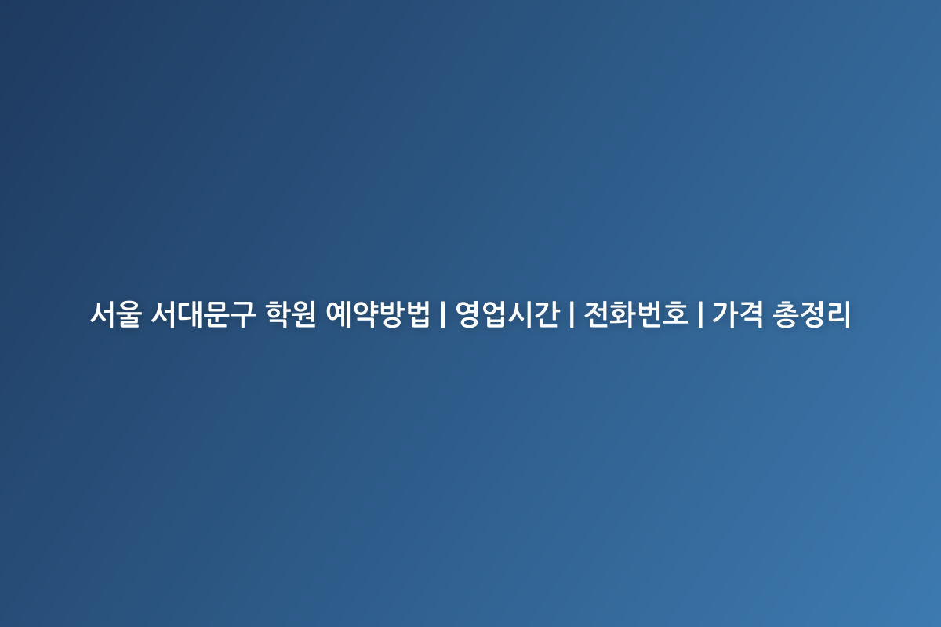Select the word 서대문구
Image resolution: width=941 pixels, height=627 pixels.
[203, 313]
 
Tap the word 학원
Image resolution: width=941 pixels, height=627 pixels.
[291, 313]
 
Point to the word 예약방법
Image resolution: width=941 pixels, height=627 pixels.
[378, 313]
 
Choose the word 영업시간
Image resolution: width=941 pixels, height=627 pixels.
[508, 313]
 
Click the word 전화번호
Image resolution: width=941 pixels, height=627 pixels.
[637, 313]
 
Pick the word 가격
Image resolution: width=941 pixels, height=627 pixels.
[738, 313]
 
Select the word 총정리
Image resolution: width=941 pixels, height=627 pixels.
[812, 313]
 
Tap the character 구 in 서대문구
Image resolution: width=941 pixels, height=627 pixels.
[243, 313]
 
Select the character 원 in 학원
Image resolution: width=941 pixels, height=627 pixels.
[304, 313]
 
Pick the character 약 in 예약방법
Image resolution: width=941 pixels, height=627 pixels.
[365, 313]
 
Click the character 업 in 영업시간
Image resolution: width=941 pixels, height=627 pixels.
[495, 313]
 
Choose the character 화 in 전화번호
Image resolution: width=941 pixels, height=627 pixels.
[624, 313]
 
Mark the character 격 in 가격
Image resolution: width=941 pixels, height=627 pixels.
[751, 313]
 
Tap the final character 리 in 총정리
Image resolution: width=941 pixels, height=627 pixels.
[838, 313]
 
